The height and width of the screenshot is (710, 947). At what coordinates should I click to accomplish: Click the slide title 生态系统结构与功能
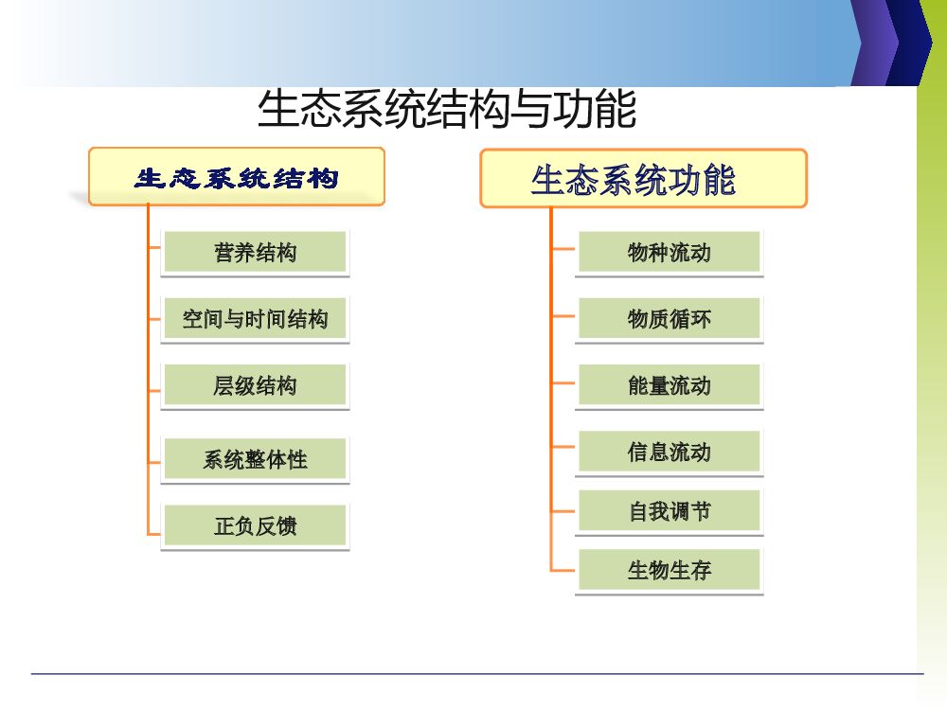click(x=446, y=110)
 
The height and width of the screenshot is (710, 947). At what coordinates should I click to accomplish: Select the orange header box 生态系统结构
click(x=237, y=177)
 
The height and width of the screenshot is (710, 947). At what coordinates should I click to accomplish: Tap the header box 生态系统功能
click(x=643, y=179)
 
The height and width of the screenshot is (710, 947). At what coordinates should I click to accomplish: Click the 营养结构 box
click(x=255, y=253)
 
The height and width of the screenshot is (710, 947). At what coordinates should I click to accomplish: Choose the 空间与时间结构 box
click(x=255, y=320)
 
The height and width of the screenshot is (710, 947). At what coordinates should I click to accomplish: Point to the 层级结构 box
click(x=255, y=386)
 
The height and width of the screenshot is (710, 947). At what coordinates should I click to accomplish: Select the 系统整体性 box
click(x=255, y=460)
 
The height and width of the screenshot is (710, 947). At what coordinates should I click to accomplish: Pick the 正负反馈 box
click(x=255, y=526)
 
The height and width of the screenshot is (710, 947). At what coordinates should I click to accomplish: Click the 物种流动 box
click(x=669, y=253)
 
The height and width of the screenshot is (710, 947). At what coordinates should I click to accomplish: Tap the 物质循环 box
click(x=669, y=320)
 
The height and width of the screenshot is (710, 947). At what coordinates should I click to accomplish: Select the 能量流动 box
click(x=669, y=386)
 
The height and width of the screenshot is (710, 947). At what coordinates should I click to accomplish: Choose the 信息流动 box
click(x=669, y=453)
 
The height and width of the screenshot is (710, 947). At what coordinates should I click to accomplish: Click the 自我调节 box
click(x=669, y=512)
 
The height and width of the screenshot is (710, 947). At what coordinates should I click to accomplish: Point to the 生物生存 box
click(x=669, y=571)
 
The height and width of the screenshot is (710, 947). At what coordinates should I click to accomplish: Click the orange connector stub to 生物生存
click(x=563, y=570)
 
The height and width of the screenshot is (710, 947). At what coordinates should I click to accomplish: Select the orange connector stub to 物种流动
click(x=563, y=249)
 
